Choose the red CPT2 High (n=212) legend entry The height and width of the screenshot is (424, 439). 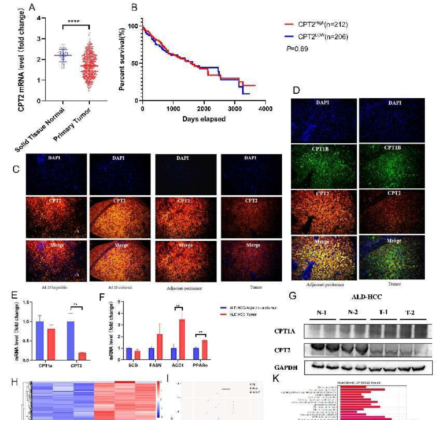315,25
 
